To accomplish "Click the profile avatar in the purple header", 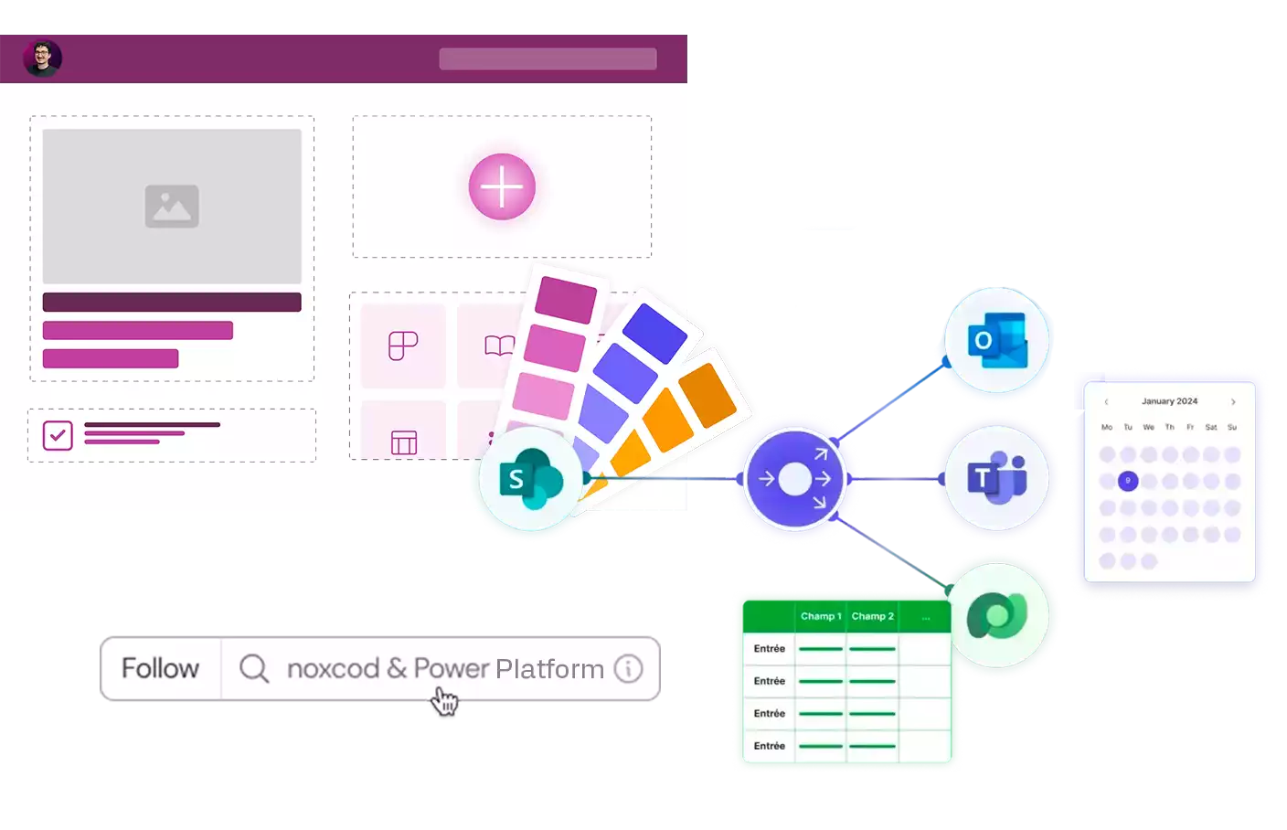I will [x=42, y=59].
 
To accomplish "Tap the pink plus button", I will [x=502, y=186].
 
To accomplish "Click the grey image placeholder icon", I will [x=172, y=206].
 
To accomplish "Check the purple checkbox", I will [x=58, y=435].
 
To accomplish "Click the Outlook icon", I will [x=996, y=340].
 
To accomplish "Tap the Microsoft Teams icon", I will [x=996, y=477].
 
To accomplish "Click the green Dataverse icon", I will [x=997, y=615].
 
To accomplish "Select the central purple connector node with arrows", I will [x=794, y=478].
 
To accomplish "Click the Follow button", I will [x=160, y=668].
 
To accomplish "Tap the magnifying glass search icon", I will [x=253, y=668].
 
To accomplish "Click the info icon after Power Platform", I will [x=628, y=668].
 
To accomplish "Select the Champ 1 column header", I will [x=821, y=616].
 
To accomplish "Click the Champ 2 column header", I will [x=872, y=616].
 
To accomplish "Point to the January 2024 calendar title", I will [x=1169, y=401].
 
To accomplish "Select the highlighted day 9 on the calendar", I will [x=1128, y=481].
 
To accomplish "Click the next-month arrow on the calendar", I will [x=1233, y=401].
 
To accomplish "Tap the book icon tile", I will [x=498, y=346].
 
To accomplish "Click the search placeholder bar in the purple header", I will [x=548, y=59].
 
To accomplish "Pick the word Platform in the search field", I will [x=549, y=669].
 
